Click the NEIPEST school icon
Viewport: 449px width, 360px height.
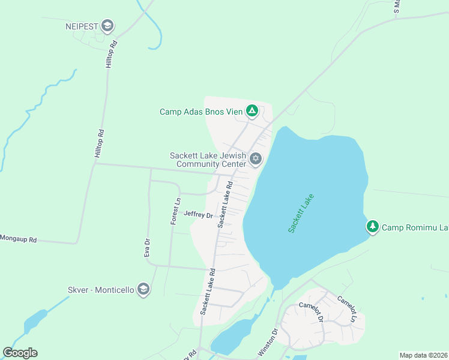pos(107,26)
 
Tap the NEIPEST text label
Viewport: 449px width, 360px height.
pos(82,26)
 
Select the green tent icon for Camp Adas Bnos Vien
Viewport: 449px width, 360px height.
pos(253,111)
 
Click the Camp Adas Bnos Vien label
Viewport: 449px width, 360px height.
pos(201,112)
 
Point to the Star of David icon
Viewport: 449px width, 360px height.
pos(256,159)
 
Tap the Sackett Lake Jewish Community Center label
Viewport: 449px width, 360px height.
pos(208,160)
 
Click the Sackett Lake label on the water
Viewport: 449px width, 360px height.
pos(300,214)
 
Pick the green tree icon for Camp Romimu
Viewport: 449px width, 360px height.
pos(373,227)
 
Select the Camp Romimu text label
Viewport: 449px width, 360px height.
pos(415,227)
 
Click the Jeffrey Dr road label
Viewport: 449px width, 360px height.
pos(199,214)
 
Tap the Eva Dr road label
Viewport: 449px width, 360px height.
pos(146,248)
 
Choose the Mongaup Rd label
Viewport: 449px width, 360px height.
pos(18,239)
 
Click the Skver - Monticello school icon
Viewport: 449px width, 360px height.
pos(143,290)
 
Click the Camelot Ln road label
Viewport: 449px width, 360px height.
pos(350,307)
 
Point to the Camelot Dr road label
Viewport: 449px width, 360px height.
pos(312,311)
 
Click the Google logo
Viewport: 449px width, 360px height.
pos(20,353)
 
